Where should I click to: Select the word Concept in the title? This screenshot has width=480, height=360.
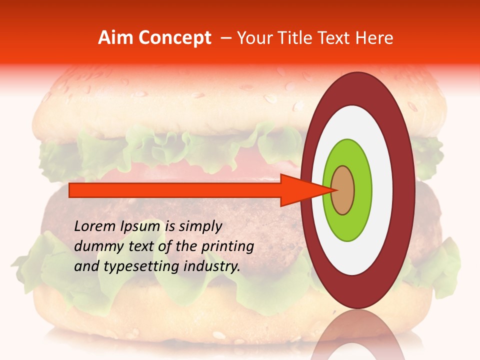174,38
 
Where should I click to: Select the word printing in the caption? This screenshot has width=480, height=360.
228,246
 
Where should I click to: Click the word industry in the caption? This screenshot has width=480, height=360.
212,266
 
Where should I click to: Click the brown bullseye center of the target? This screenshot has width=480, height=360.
343,190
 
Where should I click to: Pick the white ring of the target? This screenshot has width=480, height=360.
383,190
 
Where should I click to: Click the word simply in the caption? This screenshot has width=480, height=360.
199,226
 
